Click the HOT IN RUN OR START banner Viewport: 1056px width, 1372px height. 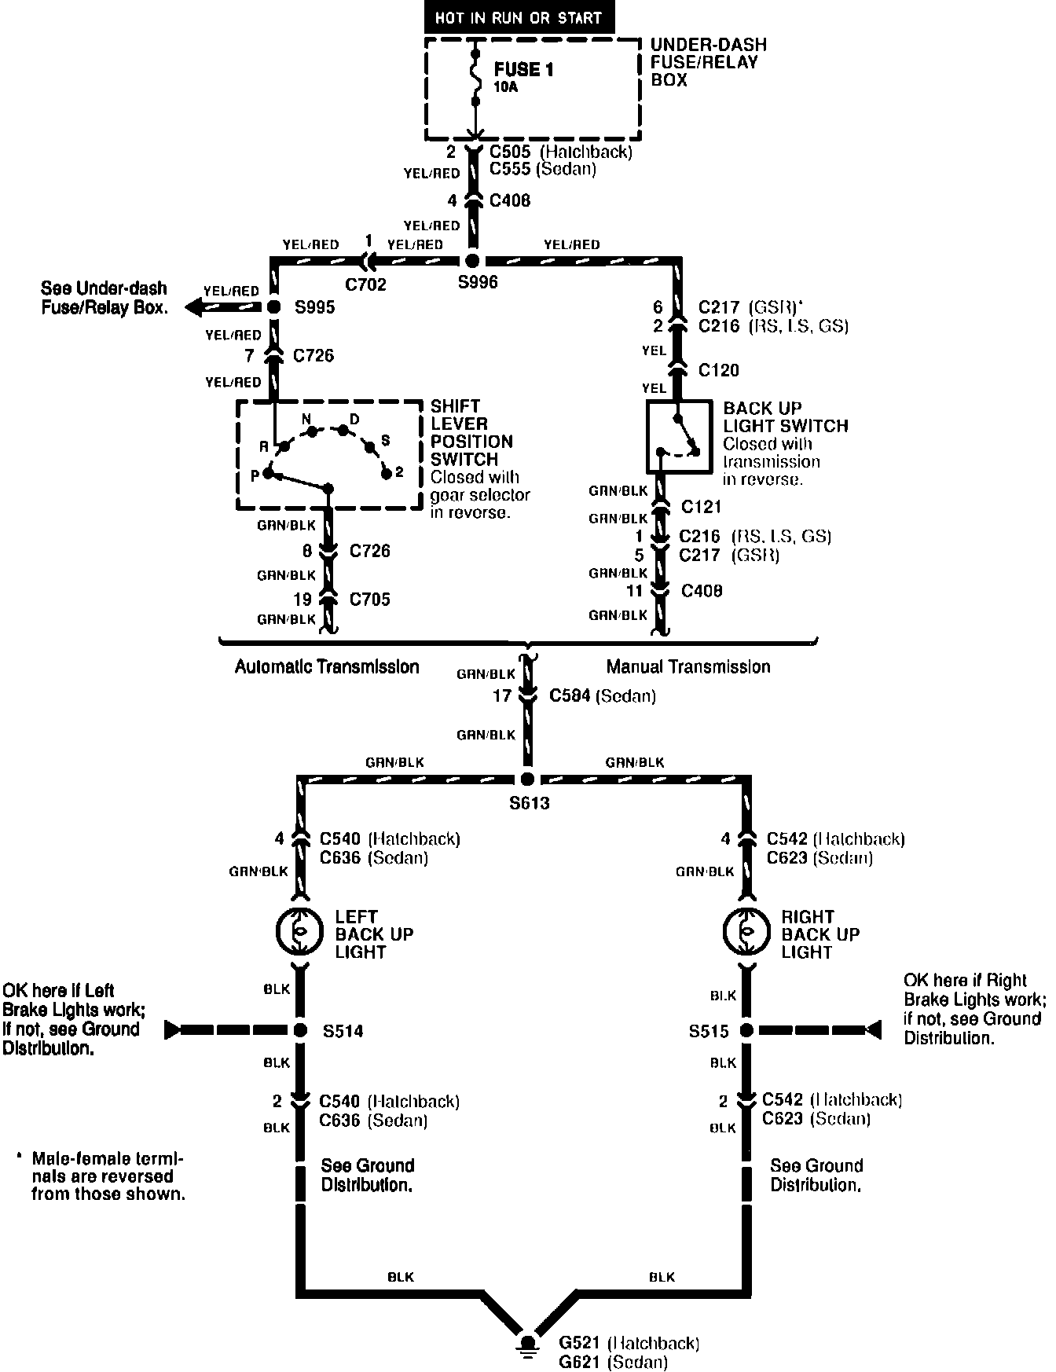(518, 17)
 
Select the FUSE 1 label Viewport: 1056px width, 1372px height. (523, 70)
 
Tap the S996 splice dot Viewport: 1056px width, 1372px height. (473, 261)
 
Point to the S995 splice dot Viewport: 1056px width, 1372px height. (274, 306)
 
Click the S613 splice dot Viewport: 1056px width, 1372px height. (527, 780)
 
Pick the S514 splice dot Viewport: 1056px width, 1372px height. (300, 1030)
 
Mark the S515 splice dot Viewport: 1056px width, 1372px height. (746, 1030)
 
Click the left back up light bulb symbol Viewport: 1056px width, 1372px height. (299, 932)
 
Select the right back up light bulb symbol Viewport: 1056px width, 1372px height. (746, 932)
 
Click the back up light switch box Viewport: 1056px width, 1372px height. (678, 437)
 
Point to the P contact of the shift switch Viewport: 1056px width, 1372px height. (268, 474)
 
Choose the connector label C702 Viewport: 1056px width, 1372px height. (366, 284)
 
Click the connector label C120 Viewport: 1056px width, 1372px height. (718, 370)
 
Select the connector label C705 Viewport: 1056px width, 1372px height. (369, 600)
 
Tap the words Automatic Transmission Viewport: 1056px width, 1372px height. (327, 667)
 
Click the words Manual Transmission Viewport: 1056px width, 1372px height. (688, 667)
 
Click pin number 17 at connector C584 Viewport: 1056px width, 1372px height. (502, 695)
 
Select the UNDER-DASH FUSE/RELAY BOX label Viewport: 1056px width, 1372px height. (708, 62)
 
